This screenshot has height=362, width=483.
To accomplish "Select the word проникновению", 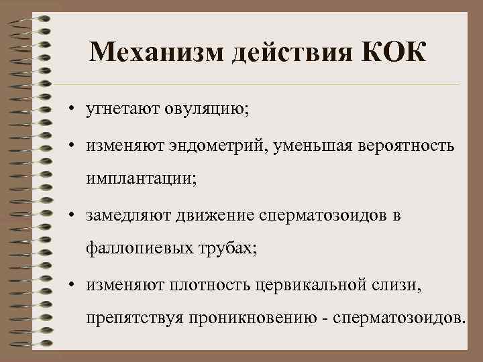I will pos(233,318).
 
